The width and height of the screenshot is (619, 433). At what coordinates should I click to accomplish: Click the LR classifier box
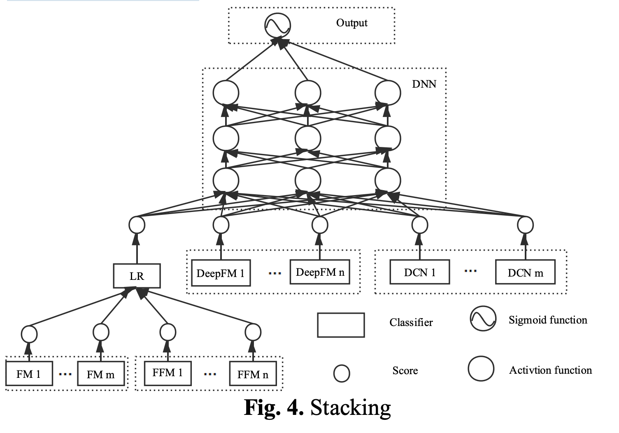(137, 276)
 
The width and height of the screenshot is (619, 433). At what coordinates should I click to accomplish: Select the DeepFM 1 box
(221, 273)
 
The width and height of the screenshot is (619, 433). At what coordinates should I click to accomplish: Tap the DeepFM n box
(320, 272)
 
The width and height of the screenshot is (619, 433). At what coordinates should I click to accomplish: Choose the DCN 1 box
(419, 272)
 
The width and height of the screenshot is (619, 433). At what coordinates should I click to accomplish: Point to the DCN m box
(525, 272)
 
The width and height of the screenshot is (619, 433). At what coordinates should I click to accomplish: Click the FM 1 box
(29, 374)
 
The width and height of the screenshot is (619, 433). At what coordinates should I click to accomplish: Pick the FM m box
(101, 374)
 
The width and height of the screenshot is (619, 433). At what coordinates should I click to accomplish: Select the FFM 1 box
(168, 373)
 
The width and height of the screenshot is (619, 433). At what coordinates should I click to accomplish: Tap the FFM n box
(253, 374)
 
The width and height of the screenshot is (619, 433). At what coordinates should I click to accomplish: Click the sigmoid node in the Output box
(277, 26)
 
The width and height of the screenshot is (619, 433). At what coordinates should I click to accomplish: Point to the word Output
(351, 23)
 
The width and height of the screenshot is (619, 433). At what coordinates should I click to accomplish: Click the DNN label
(424, 84)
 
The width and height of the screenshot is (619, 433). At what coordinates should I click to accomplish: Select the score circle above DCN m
(525, 225)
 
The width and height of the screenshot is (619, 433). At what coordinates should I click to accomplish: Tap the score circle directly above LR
(137, 225)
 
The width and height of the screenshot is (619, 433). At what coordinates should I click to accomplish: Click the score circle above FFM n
(253, 332)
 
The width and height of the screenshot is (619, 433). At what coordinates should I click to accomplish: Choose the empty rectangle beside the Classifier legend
(341, 325)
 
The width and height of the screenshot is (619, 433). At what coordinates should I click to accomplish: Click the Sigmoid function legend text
(547, 320)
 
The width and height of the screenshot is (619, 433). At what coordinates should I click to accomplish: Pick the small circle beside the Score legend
(342, 373)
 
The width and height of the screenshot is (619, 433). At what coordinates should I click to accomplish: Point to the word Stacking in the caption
(350, 407)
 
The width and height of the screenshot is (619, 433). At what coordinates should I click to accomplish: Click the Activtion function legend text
(550, 370)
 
